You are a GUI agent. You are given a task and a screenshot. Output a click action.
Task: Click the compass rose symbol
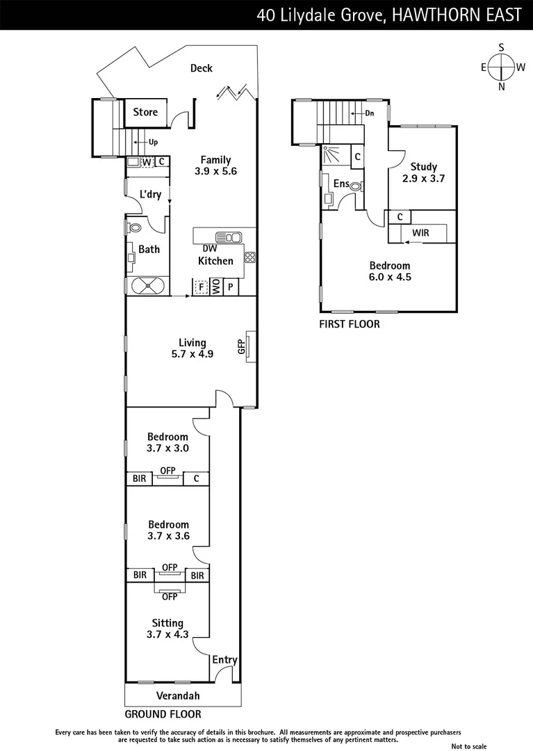(501, 67)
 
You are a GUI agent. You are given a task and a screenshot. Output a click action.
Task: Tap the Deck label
(202, 68)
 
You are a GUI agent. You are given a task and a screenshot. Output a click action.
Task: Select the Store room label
(145, 112)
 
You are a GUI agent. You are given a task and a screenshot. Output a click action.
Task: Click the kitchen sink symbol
(228, 237)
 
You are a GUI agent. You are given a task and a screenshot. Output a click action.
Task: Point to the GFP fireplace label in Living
(241, 347)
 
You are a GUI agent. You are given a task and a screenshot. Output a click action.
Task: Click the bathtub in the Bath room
(147, 286)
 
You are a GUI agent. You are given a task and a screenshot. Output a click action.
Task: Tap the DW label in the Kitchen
(209, 248)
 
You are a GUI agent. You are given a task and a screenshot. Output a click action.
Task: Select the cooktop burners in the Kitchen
(249, 257)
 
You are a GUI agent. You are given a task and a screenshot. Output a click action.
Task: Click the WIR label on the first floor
(420, 233)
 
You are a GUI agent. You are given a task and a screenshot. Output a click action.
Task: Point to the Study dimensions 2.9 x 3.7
(423, 178)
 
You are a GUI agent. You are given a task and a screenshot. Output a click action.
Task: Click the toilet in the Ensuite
(355, 186)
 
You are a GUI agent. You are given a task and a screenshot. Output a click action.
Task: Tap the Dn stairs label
(370, 113)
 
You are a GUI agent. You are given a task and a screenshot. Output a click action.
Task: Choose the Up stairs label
(154, 143)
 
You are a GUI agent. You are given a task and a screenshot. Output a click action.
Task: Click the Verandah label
(182, 695)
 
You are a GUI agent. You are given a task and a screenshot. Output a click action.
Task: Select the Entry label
(224, 660)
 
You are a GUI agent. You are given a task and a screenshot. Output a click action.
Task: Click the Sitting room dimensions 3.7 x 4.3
(167, 634)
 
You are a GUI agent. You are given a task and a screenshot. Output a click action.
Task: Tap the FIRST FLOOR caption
(349, 324)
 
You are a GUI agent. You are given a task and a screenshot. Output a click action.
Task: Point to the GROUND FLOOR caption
(163, 714)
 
